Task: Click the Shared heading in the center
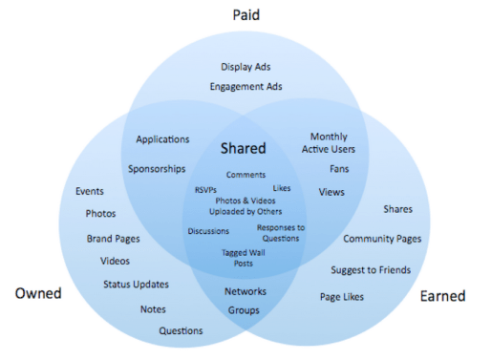pos(244,149)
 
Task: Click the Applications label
pos(162,139)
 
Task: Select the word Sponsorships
pos(157,169)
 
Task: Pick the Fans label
pos(339,169)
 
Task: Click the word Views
pos(331,192)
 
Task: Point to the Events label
pos(90,191)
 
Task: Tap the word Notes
pos(153,308)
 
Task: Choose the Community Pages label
pos(381,238)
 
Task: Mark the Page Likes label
pos(342,297)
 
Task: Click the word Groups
pos(244,310)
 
